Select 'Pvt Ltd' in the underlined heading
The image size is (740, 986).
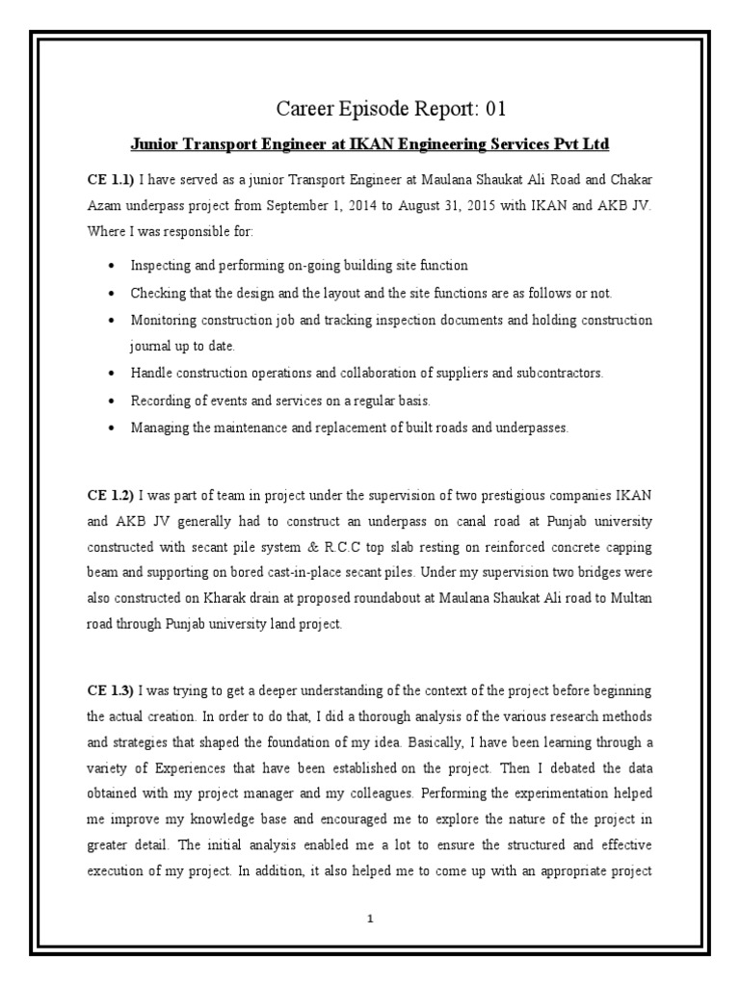click(577, 143)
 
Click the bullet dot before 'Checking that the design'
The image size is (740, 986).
click(114, 293)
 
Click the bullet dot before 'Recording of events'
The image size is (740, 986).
click(114, 400)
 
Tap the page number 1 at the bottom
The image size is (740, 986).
click(370, 919)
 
